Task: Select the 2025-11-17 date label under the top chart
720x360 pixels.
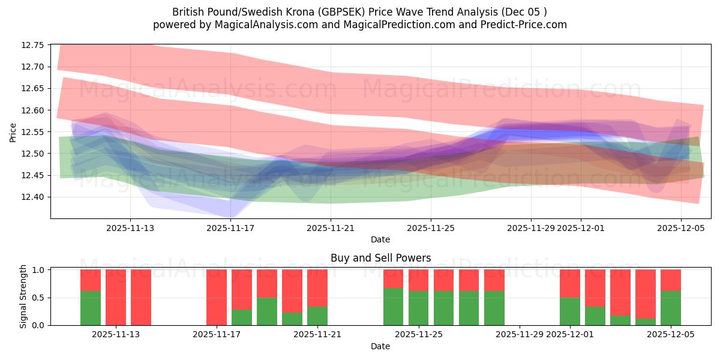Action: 230,228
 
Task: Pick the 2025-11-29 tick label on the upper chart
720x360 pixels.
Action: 531,228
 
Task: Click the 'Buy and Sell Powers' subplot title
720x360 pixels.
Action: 380,259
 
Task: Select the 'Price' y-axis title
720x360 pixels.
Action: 13,132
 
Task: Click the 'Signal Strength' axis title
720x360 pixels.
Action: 24,297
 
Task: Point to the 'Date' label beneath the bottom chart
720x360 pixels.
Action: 380,346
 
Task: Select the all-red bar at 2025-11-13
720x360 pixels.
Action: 141,297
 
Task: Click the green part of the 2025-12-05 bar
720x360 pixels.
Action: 670,308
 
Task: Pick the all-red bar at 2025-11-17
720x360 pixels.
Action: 217,297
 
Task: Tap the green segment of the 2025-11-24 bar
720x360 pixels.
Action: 393,307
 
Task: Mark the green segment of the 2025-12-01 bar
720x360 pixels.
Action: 569,311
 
